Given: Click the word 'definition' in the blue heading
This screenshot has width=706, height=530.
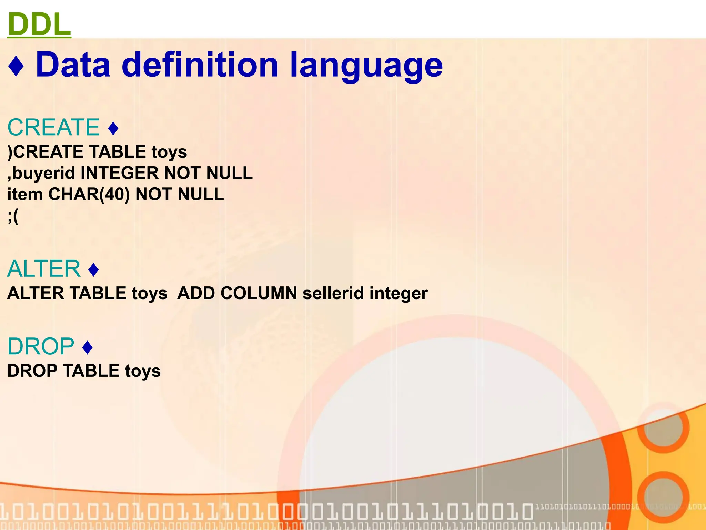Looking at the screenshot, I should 200,65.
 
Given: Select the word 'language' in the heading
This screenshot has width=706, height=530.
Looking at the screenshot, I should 366,66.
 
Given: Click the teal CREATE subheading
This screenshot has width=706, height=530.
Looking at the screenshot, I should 53,127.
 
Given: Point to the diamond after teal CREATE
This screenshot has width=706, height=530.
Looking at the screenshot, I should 113,128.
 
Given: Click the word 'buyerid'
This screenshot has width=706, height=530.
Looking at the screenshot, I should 43,173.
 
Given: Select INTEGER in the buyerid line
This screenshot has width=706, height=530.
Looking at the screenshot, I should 120,173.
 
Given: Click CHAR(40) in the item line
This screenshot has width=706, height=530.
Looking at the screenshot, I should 89,194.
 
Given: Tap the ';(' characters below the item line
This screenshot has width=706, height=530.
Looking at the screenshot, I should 13,216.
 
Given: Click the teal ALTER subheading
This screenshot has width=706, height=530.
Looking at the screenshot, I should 44,269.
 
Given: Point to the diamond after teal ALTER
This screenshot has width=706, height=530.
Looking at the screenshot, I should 93,270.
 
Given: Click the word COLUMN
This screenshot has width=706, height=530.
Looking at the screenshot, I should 259,293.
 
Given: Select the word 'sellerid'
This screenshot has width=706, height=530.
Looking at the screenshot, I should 333,293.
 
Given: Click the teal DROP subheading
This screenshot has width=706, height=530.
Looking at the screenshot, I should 41,346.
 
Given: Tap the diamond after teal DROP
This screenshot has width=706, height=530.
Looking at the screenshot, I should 88,347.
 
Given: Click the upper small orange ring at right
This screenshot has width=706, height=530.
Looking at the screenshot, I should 663,428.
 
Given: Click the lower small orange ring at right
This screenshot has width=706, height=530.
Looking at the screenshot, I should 663,497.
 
